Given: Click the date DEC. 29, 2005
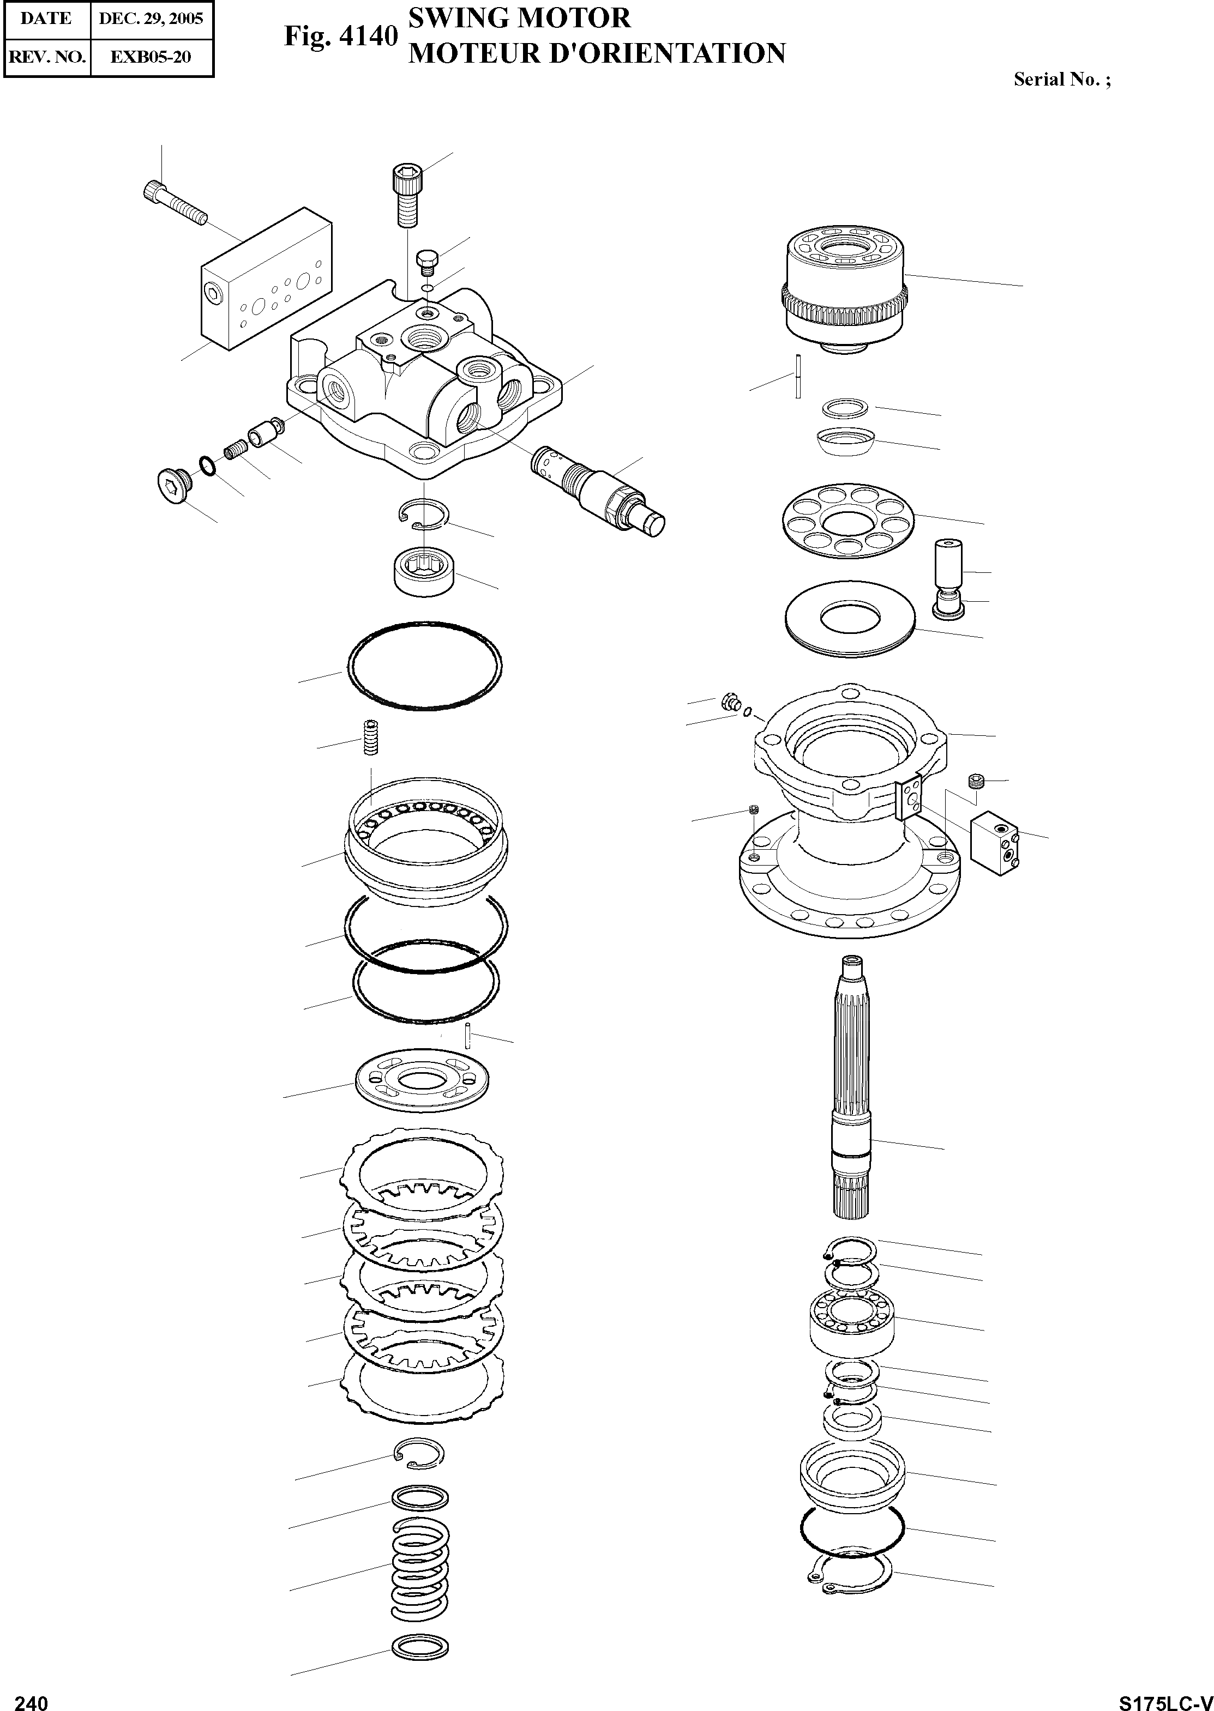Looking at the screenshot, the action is click(x=151, y=19).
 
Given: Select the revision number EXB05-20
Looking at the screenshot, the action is click(x=151, y=57).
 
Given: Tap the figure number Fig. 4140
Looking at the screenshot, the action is click(x=340, y=37).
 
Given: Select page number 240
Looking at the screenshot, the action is click(x=32, y=1697).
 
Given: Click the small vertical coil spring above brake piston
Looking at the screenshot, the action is click(x=370, y=738).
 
